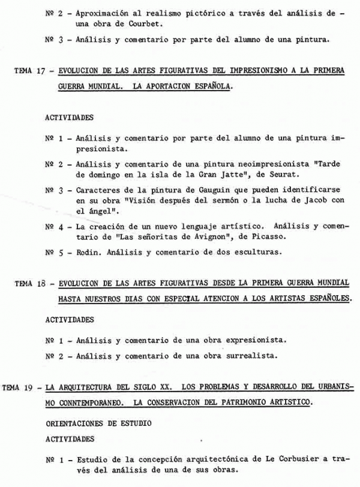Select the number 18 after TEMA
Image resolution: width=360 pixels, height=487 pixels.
(x=40, y=282)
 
